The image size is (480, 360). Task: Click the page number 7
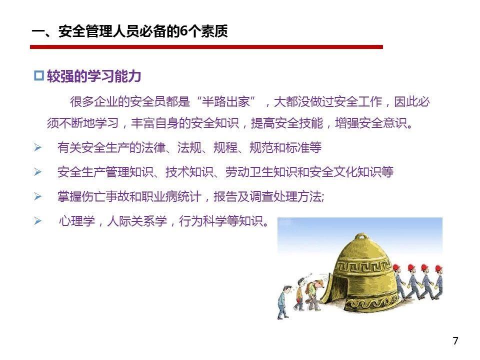pyautogui.click(x=455, y=340)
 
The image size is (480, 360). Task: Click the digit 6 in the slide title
pyautogui.click(x=183, y=31)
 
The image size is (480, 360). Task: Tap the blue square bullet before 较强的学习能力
pyautogui.click(x=39, y=75)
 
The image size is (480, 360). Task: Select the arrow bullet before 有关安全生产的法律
pyautogui.click(x=37, y=147)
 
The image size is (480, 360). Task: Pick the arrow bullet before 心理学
pyautogui.click(x=37, y=220)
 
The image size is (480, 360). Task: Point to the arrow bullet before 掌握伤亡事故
pyautogui.click(x=37, y=196)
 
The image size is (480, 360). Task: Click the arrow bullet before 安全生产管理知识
pyautogui.click(x=37, y=171)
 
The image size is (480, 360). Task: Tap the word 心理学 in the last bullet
pyautogui.click(x=77, y=220)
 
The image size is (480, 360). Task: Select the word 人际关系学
pyautogui.click(x=137, y=220)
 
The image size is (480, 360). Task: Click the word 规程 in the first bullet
pyautogui.click(x=225, y=147)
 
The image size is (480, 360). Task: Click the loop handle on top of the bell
pyautogui.click(x=362, y=236)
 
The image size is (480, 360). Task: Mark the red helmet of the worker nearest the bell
pyautogui.click(x=396, y=268)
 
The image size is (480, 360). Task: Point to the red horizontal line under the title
pyautogui.click(x=206, y=47)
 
